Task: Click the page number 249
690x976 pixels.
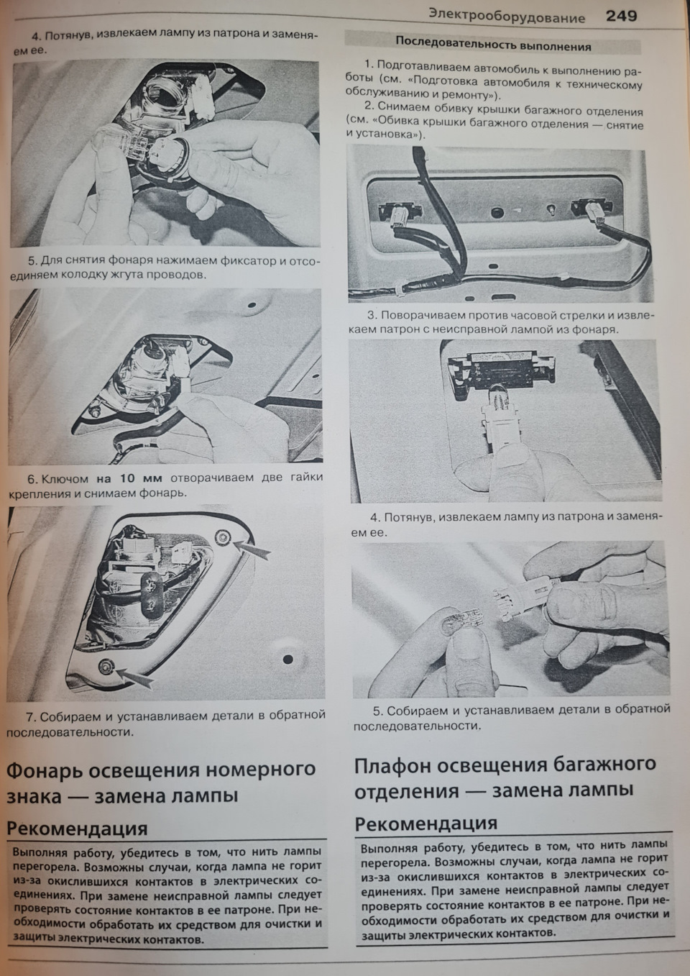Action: (621, 16)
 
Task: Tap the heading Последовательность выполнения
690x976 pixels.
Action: (493, 46)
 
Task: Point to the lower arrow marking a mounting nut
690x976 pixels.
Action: (136, 677)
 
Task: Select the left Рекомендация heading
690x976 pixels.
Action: (77, 829)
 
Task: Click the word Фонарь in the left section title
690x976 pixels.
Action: (43, 770)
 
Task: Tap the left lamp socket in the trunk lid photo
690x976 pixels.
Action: (394, 213)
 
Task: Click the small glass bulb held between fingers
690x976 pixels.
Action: (458, 618)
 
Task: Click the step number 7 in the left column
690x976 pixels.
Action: (31, 717)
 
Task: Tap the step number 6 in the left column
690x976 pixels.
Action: (31, 479)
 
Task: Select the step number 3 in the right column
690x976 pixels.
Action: (371, 316)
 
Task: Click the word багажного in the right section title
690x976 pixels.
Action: (601, 765)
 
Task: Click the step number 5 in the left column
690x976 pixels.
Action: (32, 260)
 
